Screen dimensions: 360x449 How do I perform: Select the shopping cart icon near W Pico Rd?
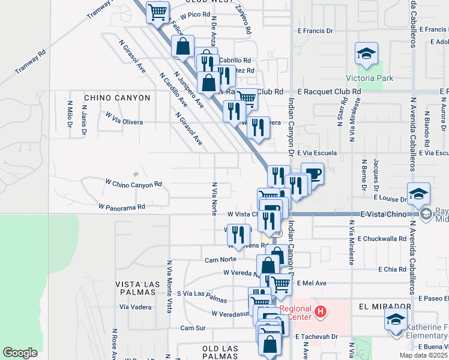point(157,11)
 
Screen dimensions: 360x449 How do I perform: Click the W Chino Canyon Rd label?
point(134,183)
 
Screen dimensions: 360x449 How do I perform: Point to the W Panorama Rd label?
point(122,206)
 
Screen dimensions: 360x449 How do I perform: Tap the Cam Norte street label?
point(217,260)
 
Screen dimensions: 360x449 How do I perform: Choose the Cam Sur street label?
point(193,328)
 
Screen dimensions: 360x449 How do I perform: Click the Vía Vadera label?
point(136,307)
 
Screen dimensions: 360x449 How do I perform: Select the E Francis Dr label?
point(315,31)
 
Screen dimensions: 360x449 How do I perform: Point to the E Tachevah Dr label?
point(318,337)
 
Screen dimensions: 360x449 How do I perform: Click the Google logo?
point(20,353)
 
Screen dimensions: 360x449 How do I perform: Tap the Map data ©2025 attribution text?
point(423,355)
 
